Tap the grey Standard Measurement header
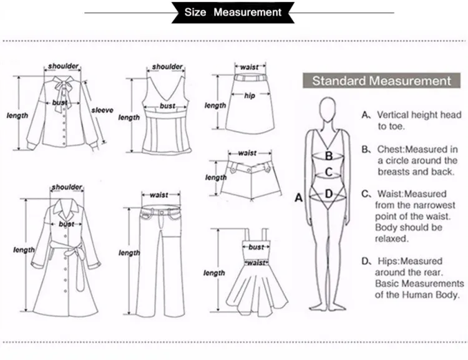[x=381, y=81]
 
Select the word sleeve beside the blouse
[x=102, y=110]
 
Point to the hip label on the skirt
[x=250, y=96]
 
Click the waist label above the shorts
[x=247, y=153]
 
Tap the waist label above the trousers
[x=159, y=195]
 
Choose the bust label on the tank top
[x=167, y=106]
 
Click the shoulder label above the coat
[x=67, y=187]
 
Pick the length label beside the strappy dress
[x=214, y=273]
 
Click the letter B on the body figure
[x=328, y=157]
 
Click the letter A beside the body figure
[x=298, y=198]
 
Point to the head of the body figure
[x=329, y=110]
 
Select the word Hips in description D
[x=391, y=261]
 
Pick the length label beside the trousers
[x=129, y=253]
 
